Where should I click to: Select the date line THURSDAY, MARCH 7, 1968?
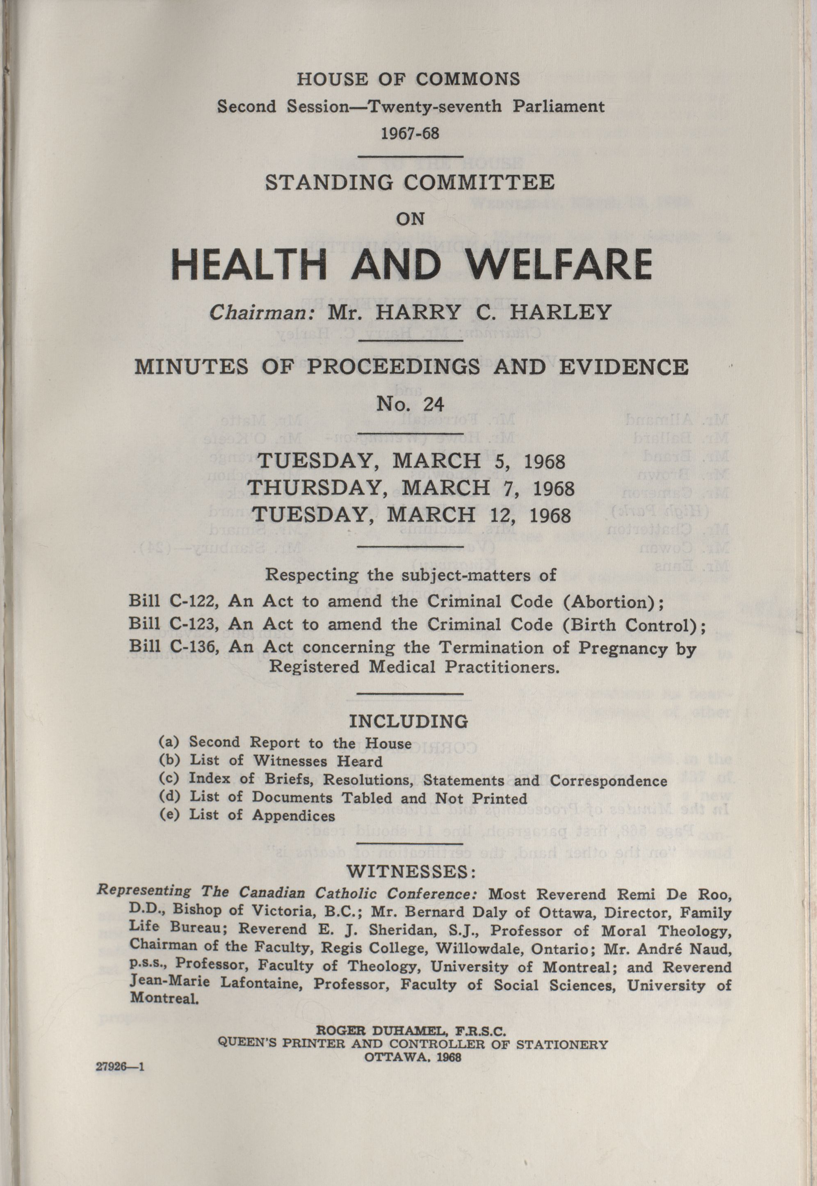pos(411,488)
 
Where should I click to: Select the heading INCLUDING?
pos(408,721)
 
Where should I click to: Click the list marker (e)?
pos(169,815)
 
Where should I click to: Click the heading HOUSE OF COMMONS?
pos(408,79)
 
